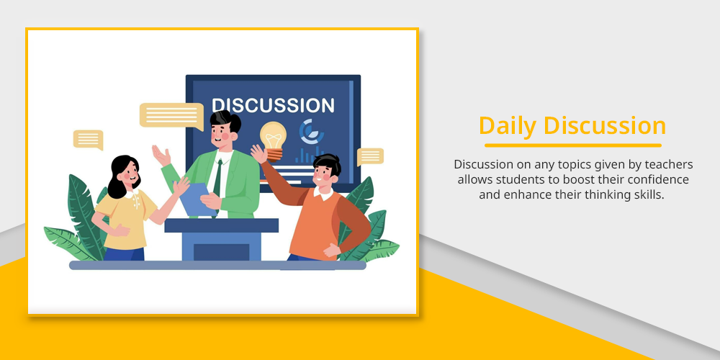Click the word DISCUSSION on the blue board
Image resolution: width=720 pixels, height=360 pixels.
coord(273,105)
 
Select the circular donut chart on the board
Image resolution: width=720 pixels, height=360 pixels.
coord(311,131)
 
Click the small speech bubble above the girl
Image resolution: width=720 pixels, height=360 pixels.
coord(88,140)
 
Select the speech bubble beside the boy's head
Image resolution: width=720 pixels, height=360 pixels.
coord(370,156)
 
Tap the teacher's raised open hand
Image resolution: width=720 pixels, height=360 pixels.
coord(161,156)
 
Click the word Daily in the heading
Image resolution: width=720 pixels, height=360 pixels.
coord(507,126)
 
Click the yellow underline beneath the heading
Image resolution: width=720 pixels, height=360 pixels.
coord(573,145)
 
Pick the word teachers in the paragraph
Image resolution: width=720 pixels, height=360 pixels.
coord(669,164)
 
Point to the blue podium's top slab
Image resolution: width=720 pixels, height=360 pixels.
coord(221,225)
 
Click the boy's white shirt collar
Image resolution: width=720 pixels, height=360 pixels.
coord(324,193)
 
